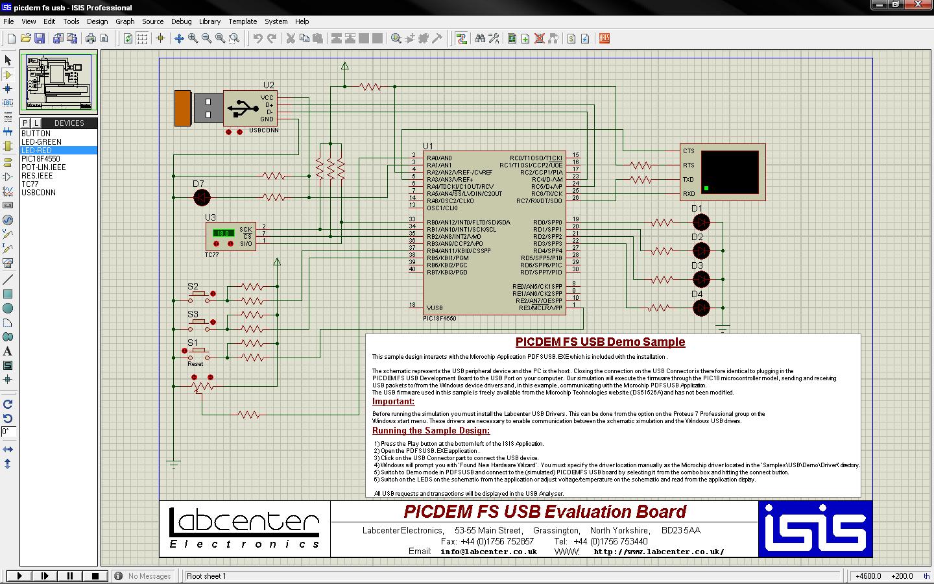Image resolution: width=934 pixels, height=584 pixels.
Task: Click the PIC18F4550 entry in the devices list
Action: point(40,159)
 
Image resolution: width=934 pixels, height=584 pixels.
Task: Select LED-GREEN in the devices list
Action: point(41,142)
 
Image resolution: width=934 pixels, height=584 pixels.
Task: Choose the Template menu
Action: point(243,21)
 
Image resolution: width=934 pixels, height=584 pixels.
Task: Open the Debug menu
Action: point(181,21)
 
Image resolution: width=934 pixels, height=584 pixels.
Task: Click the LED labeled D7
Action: point(202,197)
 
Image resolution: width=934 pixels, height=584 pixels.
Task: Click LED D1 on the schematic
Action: point(700,223)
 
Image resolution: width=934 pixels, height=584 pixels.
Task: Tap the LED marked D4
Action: point(700,308)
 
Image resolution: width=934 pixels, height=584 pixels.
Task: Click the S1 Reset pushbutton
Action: point(198,352)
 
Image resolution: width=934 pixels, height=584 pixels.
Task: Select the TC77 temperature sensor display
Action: point(223,233)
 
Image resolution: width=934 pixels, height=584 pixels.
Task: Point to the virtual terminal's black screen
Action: point(730,172)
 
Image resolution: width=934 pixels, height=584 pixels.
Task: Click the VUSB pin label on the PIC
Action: point(435,308)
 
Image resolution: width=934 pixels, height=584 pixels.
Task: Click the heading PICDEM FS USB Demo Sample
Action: point(600,342)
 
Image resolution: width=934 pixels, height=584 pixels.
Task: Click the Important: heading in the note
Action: point(393,402)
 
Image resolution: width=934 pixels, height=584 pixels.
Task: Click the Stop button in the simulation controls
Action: point(95,576)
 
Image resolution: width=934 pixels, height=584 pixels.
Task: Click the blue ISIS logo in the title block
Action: point(815,529)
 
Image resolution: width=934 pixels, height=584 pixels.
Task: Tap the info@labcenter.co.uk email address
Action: point(488,552)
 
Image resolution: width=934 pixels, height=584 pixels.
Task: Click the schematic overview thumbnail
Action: point(58,83)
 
